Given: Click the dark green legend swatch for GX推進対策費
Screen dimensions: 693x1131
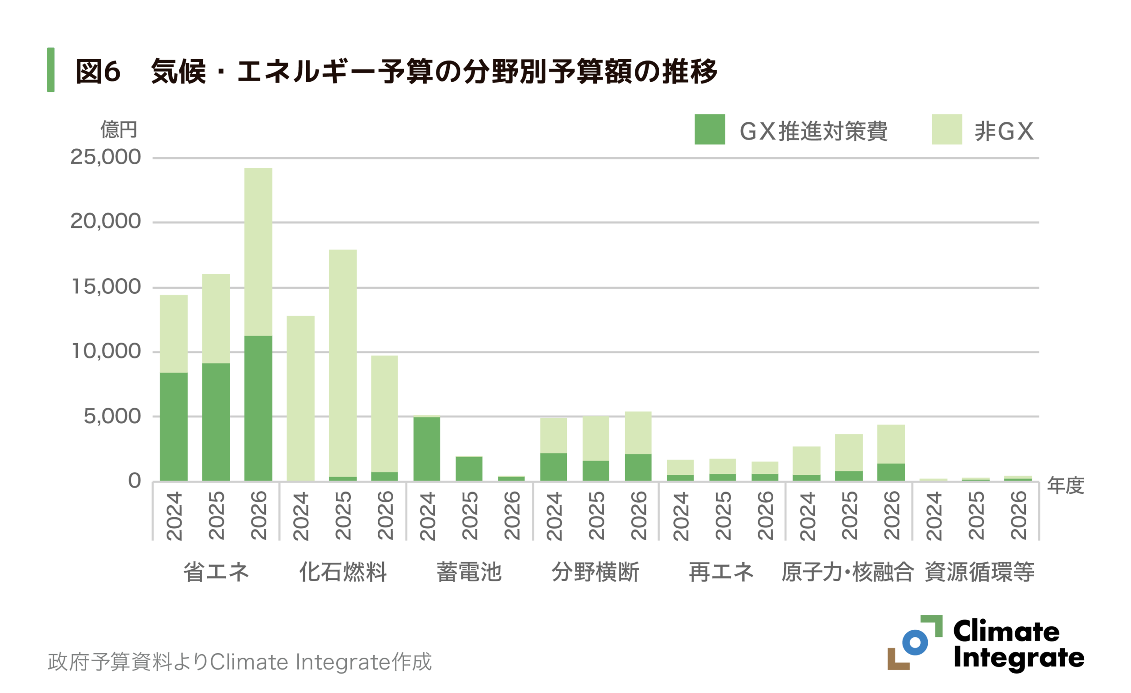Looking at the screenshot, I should (x=709, y=129).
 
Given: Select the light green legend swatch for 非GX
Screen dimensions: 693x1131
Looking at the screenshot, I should (x=946, y=129).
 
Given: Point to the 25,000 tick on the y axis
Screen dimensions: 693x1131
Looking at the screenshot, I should (x=105, y=157).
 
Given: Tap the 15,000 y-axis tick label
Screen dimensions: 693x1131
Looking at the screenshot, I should (x=106, y=287).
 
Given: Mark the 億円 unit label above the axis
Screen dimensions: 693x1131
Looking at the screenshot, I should (x=119, y=130).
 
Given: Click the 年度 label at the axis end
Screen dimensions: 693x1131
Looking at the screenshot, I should (x=1065, y=485).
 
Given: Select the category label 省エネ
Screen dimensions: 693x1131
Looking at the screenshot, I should (x=216, y=572).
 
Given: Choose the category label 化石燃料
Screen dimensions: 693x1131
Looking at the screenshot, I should (x=343, y=572).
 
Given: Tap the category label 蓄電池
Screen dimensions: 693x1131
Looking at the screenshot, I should (x=469, y=572).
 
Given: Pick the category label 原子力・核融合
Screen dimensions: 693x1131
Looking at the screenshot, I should (x=847, y=572).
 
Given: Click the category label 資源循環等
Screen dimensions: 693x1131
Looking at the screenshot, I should (x=979, y=572).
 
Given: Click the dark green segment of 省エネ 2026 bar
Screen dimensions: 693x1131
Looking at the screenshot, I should (x=258, y=409).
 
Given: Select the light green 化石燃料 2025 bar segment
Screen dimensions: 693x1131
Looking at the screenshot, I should (x=343, y=363).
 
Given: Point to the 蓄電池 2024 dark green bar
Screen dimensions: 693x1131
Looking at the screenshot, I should (x=426, y=449).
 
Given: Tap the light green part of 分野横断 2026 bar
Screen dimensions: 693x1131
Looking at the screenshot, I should (x=638, y=432).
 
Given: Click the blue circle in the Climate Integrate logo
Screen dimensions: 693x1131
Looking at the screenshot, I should (x=915, y=642).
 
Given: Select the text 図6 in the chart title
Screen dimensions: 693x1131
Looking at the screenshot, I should (x=98, y=72).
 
